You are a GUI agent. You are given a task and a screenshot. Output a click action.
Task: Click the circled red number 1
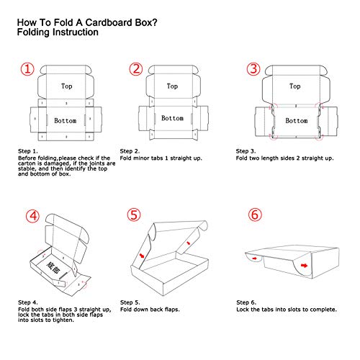click(x=27, y=70)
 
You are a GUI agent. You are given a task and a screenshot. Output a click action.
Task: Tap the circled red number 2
click(x=136, y=70)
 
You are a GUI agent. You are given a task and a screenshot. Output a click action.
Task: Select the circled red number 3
click(x=253, y=70)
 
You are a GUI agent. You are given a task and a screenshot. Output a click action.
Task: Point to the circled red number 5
click(x=136, y=215)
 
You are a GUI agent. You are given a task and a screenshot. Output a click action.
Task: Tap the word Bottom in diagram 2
click(x=173, y=117)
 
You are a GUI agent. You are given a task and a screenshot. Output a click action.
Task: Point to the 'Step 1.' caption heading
click(x=30, y=152)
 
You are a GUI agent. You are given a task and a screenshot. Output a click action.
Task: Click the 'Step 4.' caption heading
click(x=30, y=302)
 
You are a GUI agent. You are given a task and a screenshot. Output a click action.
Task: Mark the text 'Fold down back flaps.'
click(x=150, y=310)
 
